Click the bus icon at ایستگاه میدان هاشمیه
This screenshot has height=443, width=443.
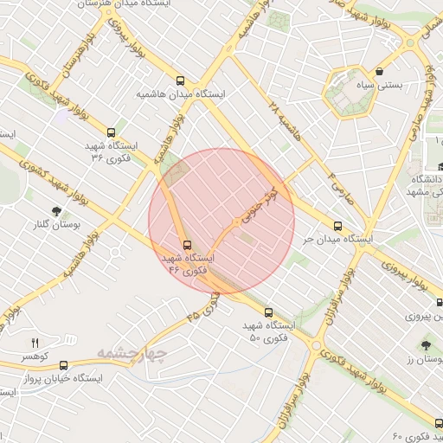point(180,79)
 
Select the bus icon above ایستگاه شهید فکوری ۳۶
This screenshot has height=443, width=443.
point(111,132)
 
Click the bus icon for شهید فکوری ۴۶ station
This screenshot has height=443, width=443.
point(187,244)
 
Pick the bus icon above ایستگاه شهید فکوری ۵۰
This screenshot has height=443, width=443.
point(267,311)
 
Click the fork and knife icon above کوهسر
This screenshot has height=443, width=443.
point(35,343)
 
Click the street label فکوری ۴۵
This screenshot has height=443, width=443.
point(204,307)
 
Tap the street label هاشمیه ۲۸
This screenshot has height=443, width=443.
point(285,122)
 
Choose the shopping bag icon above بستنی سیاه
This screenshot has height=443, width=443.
point(381,69)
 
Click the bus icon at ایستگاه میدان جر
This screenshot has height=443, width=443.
point(337,226)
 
